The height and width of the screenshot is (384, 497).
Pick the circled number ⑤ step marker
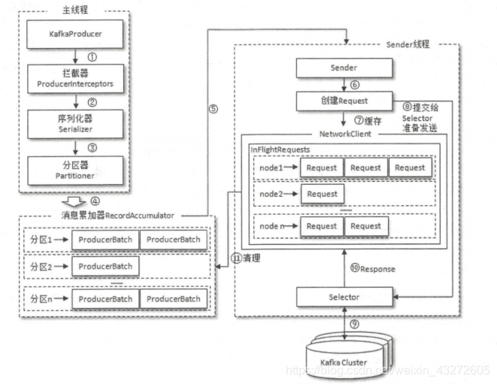[213, 107]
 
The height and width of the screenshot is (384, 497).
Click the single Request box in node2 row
[322, 194]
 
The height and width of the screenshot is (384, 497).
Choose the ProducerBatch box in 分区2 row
[105, 266]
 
